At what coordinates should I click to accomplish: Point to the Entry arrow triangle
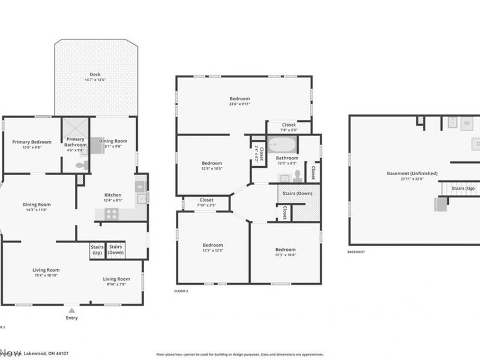coord(72,310)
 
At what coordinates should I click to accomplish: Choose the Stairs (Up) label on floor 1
coord(97,249)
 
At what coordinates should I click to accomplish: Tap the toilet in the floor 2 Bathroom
coord(298,175)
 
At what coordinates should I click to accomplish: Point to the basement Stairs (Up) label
coord(463,188)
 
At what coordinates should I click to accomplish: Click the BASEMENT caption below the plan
coord(356,252)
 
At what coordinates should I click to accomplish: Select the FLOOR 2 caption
coord(181,290)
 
